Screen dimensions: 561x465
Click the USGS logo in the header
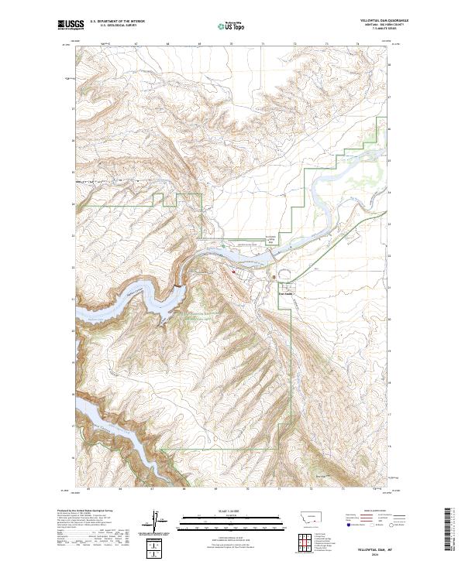coord(71,26)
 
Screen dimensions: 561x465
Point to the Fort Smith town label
coord(285,292)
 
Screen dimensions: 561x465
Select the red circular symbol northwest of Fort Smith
coord(233,272)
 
